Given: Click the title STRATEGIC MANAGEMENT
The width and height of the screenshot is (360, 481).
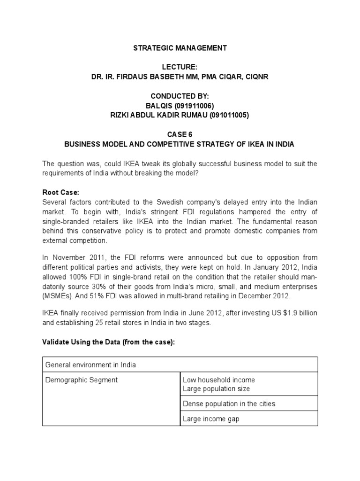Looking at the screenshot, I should click(180, 48).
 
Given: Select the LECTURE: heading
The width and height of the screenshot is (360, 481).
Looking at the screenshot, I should click(180, 68).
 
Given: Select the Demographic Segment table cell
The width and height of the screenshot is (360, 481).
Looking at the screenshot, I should click(81, 380).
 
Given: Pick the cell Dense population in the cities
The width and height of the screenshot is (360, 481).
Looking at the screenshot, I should click(229, 403).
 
